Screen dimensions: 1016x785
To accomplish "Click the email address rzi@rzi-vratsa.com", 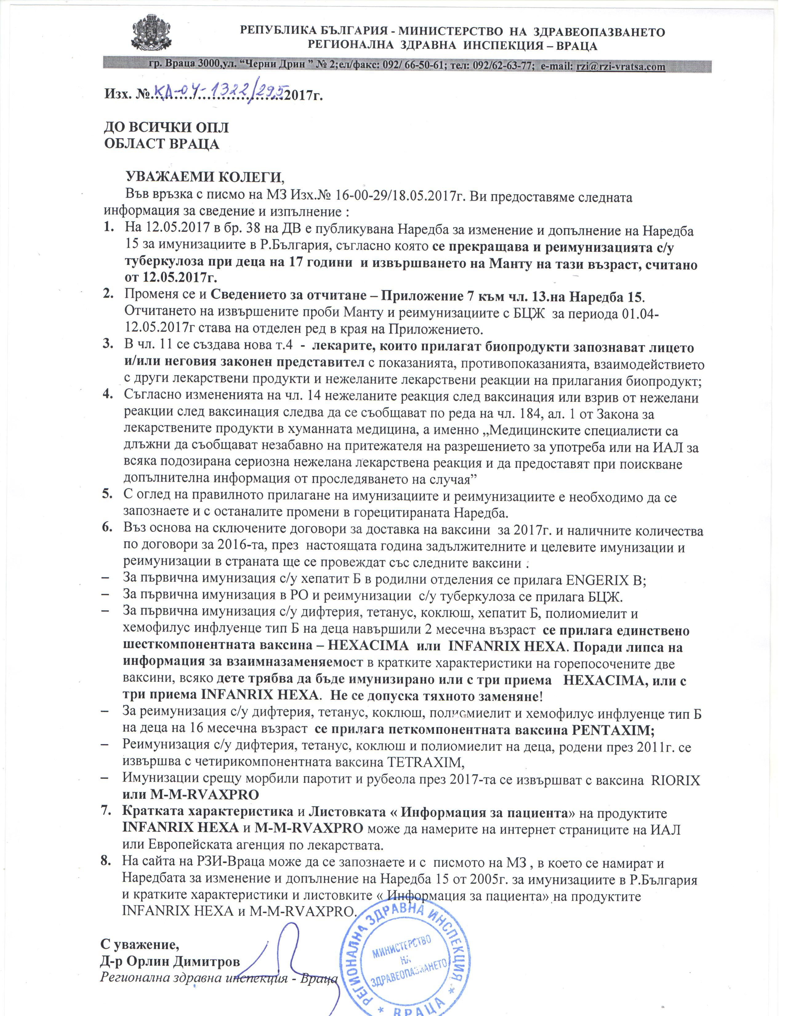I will pos(620,67).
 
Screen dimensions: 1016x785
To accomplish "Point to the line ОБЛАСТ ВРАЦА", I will pos(161,144).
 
